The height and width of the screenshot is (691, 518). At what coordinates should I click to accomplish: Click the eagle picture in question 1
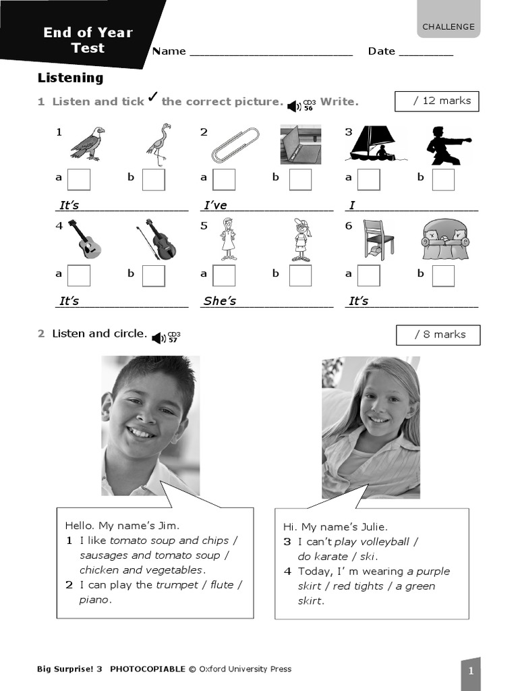(88, 144)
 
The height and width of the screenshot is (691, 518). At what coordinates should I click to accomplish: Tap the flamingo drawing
(159, 144)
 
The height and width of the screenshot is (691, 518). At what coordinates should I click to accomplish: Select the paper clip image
(235, 144)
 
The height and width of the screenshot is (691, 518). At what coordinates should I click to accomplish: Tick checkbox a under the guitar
(79, 275)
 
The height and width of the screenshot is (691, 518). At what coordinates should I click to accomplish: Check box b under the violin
(153, 275)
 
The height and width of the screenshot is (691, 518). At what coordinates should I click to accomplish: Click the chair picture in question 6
(378, 240)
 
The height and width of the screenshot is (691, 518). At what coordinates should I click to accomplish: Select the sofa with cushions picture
(444, 240)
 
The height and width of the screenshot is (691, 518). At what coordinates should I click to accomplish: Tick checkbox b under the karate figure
(443, 179)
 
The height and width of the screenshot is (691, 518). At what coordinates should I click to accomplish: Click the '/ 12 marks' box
(436, 101)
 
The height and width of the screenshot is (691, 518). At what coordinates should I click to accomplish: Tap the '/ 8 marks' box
(438, 335)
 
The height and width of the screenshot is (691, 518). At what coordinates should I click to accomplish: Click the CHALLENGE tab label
(449, 27)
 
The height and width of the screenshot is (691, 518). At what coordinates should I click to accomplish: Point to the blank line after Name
(271, 52)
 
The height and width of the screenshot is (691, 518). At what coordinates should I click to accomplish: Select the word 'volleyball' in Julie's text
(385, 542)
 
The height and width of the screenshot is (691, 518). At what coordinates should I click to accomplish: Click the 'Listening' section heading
(70, 78)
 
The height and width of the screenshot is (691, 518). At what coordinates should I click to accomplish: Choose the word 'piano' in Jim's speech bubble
(94, 600)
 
